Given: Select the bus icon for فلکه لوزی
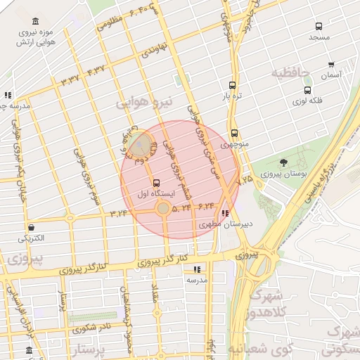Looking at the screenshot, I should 307,90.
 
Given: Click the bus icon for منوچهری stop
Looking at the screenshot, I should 234,133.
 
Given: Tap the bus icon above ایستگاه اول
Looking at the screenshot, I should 155,181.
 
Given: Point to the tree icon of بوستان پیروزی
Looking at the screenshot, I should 283,163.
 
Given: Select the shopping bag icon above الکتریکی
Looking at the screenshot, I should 32,226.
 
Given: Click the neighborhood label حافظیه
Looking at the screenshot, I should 291,73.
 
